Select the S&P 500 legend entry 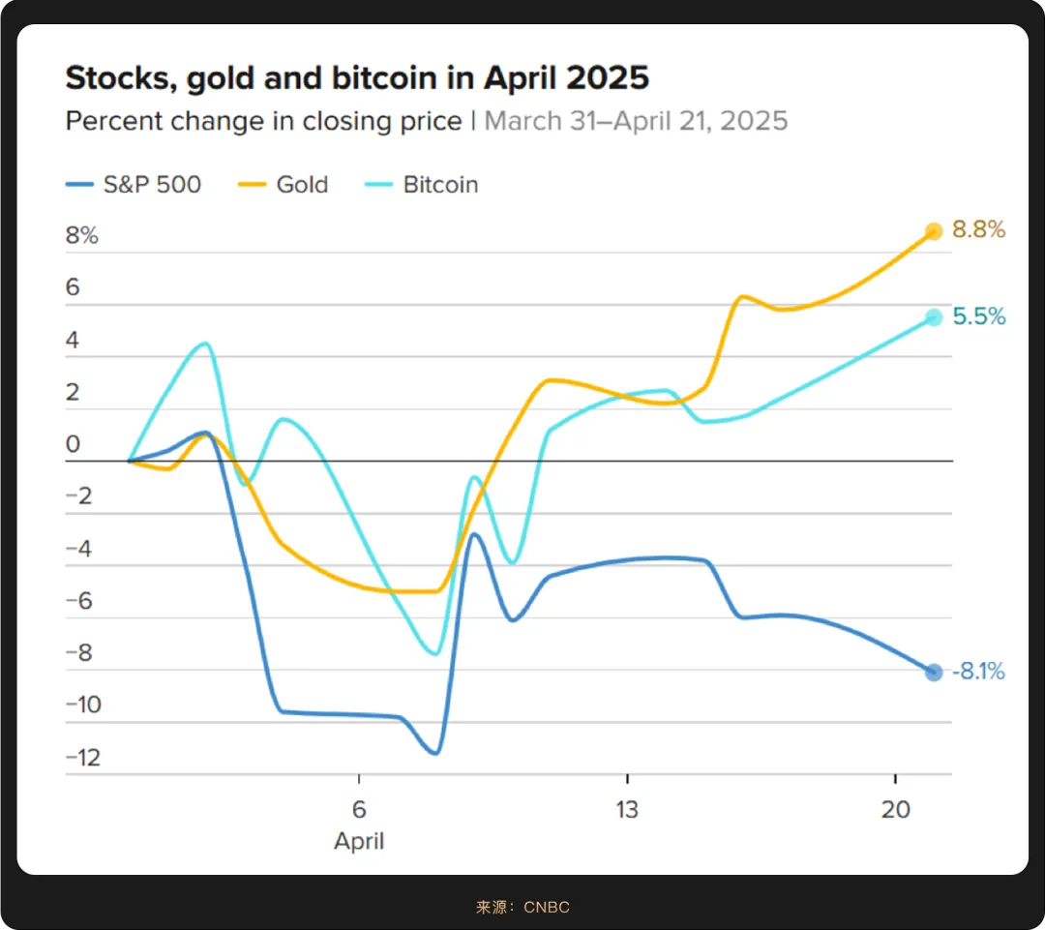pyautogui.click(x=134, y=185)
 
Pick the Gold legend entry pyautogui.click(x=286, y=185)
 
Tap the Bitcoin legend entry pyautogui.click(x=424, y=185)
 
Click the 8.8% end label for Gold pyautogui.click(x=979, y=230)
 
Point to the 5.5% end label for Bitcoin pyautogui.click(x=979, y=316)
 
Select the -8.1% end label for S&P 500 pyautogui.click(x=977, y=672)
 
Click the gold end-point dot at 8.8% pyautogui.click(x=934, y=231)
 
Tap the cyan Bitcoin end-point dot pyautogui.click(x=934, y=317)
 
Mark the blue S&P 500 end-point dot pyautogui.click(x=934, y=673)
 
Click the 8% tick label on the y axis pyautogui.click(x=82, y=236)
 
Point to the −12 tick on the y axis pyautogui.click(x=83, y=758)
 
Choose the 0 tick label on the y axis pyautogui.click(x=73, y=445)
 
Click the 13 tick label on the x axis pyautogui.click(x=627, y=809)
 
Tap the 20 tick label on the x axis pyautogui.click(x=896, y=809)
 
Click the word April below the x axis pyautogui.click(x=359, y=841)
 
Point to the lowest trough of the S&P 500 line pyautogui.click(x=435, y=752)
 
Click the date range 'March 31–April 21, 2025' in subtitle pyautogui.click(x=636, y=121)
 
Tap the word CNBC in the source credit pyautogui.click(x=547, y=907)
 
